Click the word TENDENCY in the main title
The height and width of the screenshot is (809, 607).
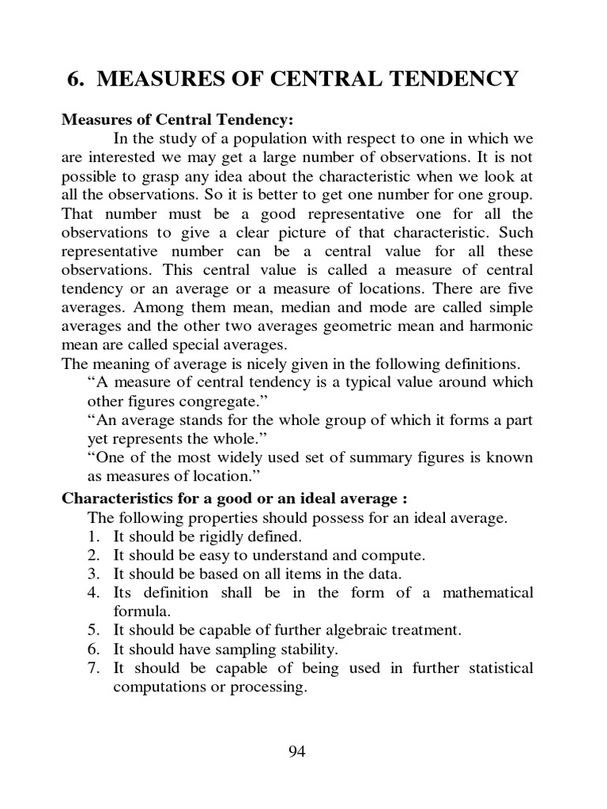(x=452, y=79)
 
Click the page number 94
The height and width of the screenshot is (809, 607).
(x=296, y=751)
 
